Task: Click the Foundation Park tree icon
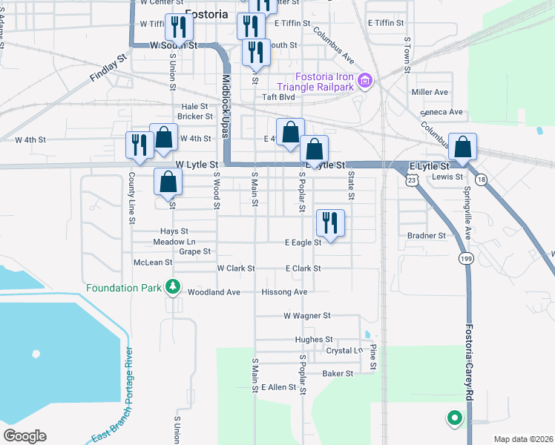173,286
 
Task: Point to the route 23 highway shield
410,180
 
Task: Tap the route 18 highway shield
482,180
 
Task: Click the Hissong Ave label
284,292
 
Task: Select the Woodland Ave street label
214,292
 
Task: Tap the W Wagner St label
306,316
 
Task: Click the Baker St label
338,374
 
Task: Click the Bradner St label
426,236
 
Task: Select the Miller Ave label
430,93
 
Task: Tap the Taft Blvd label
278,96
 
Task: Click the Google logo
24,436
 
